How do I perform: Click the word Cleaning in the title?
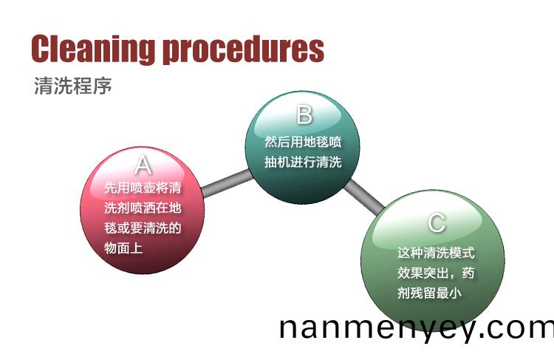(93, 49)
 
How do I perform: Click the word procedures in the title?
(244, 50)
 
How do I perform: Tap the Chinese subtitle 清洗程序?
(73, 86)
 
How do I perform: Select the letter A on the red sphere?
(143, 164)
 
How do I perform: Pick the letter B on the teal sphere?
(304, 115)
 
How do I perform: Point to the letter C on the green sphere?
(437, 223)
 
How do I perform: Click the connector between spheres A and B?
(228, 183)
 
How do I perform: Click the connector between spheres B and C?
(364, 197)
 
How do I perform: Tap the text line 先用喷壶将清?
(143, 188)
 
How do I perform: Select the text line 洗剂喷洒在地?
(143, 208)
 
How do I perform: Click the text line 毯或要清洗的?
(143, 228)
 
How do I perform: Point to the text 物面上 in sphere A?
(123, 248)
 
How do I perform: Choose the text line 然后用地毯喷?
(303, 142)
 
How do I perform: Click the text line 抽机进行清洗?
(303, 162)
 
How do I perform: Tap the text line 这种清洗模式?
(436, 253)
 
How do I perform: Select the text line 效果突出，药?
(436, 273)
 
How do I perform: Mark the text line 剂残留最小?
(429, 293)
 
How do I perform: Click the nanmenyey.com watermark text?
(417, 329)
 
